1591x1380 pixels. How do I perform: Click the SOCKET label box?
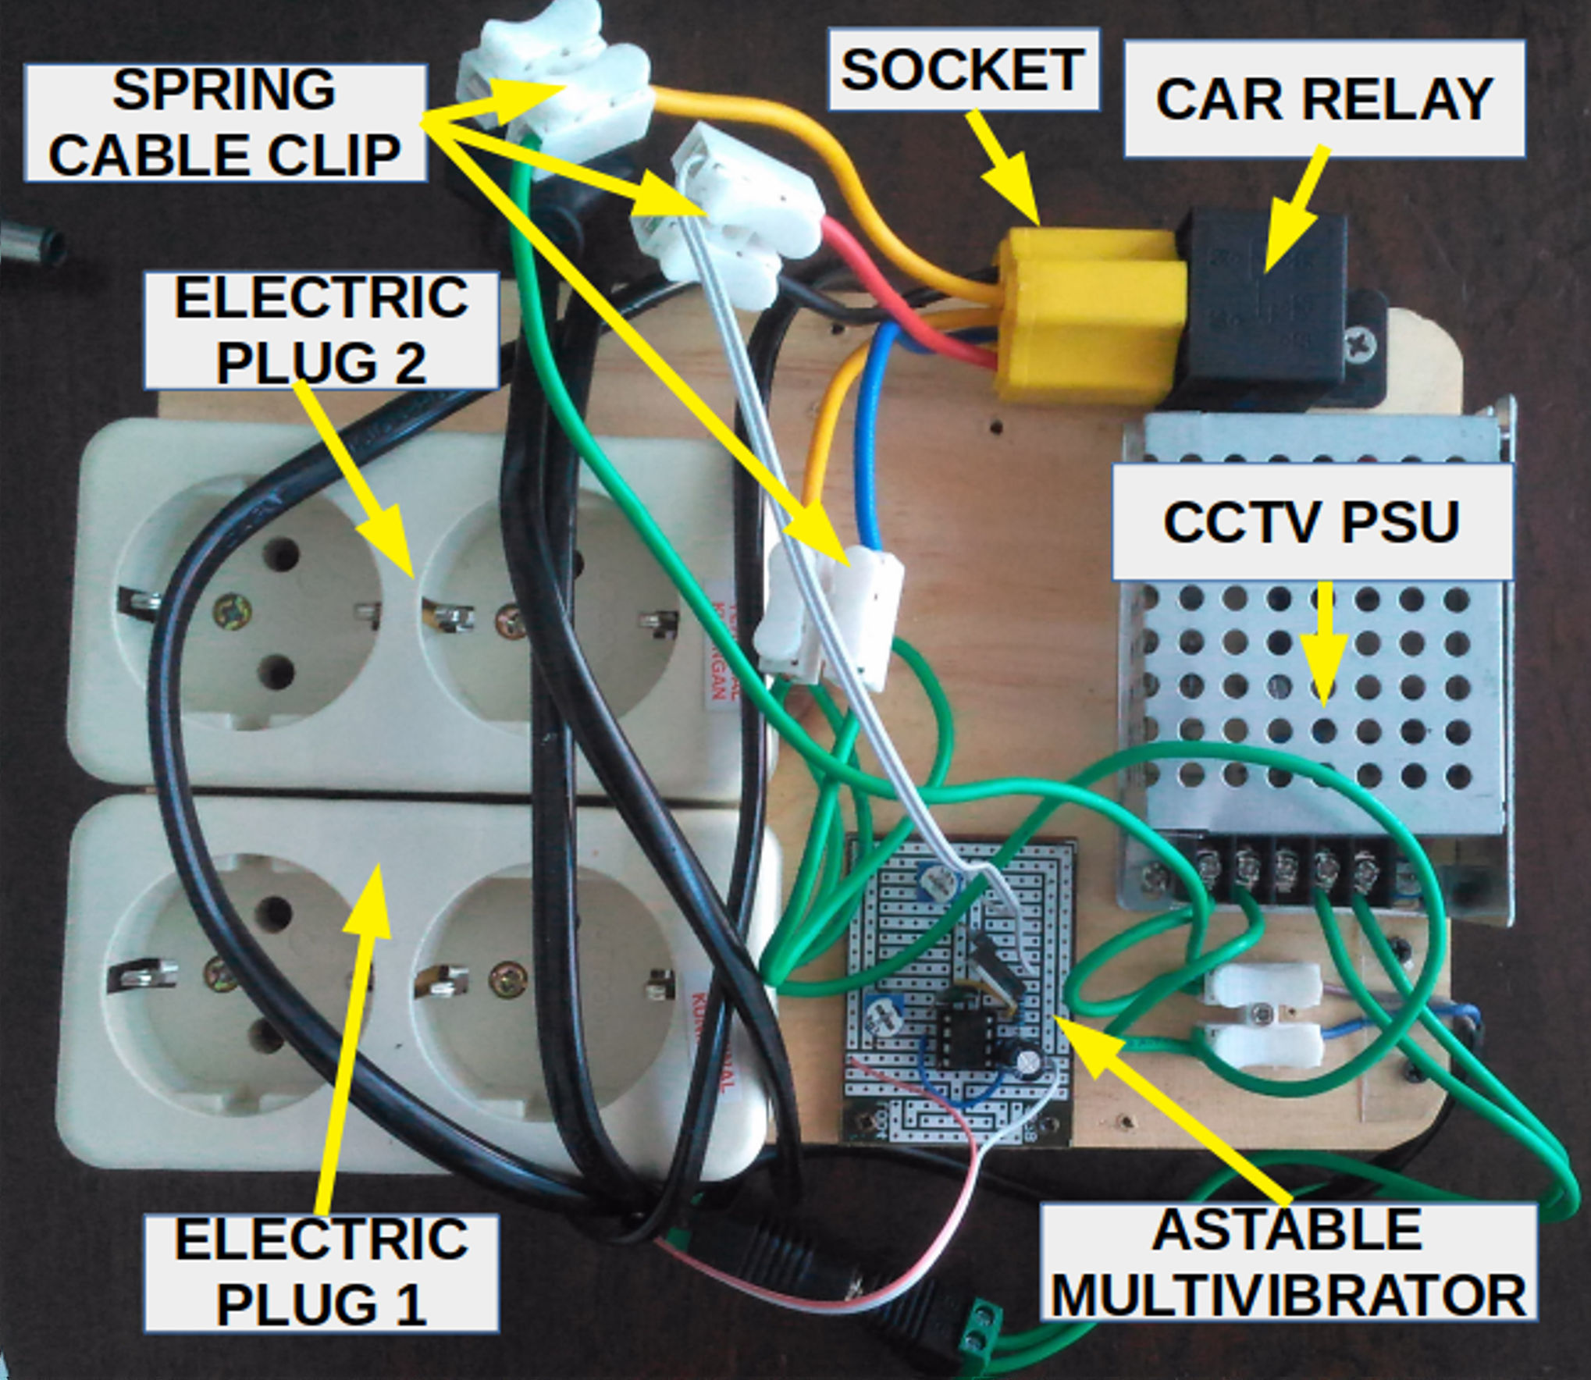point(963,69)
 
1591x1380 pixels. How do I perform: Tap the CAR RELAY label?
point(1324,99)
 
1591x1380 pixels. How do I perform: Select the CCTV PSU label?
point(1311,521)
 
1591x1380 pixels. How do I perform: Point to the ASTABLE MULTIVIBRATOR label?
point(1288,1263)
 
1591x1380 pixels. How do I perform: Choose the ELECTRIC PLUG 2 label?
point(321,330)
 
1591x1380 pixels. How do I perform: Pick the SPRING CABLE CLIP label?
point(225,123)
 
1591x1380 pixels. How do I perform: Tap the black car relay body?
point(1265,304)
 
